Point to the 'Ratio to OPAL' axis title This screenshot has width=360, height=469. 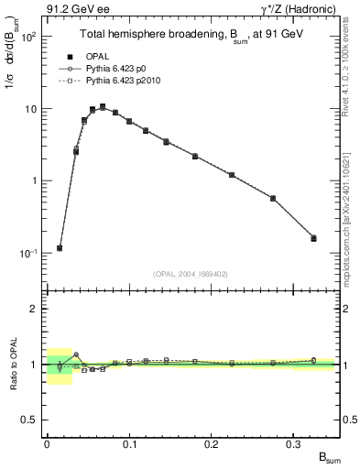[13, 364]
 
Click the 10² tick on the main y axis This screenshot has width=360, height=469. [28, 37]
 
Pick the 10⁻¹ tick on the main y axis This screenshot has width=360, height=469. [28, 253]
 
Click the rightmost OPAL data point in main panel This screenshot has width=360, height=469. [313, 238]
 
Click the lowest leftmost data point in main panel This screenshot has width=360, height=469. [60, 248]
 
